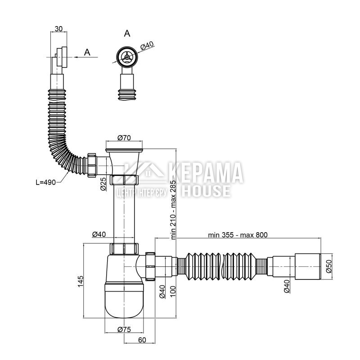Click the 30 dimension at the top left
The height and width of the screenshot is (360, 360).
pos(58,29)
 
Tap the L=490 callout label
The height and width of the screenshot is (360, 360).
pos(46,182)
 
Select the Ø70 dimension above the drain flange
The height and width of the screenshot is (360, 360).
pos(124,138)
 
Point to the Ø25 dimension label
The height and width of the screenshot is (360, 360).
pos(103,184)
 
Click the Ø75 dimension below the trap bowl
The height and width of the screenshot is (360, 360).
pos(124,330)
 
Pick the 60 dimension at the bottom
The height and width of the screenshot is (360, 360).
pos(142,340)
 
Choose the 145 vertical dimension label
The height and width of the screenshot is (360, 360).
pos(81,281)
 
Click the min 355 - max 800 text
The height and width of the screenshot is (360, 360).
pos(238,235)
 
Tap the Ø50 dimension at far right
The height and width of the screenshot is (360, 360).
pos(329,266)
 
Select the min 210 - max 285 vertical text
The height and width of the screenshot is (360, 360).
pos(173,209)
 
